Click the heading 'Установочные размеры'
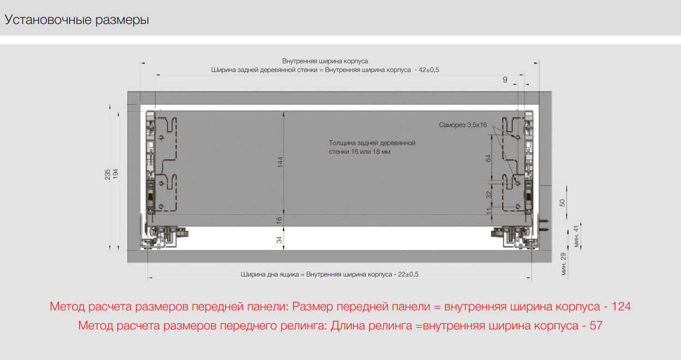point(76,20)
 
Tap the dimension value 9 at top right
point(505,80)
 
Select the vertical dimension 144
point(280,162)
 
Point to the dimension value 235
point(107,175)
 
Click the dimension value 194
point(116,174)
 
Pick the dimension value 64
point(488,158)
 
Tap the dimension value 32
point(488,195)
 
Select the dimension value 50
point(562,202)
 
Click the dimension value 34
point(279,239)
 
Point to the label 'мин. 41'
point(576,236)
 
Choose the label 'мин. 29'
point(563,264)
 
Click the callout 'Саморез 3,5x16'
point(463,125)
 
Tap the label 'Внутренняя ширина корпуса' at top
point(325,61)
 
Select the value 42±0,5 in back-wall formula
point(429,70)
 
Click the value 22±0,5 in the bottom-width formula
point(408,274)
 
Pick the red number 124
point(621,306)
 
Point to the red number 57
point(596,326)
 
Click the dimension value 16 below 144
point(279,220)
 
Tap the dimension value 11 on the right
point(489,211)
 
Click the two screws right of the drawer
point(544,225)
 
